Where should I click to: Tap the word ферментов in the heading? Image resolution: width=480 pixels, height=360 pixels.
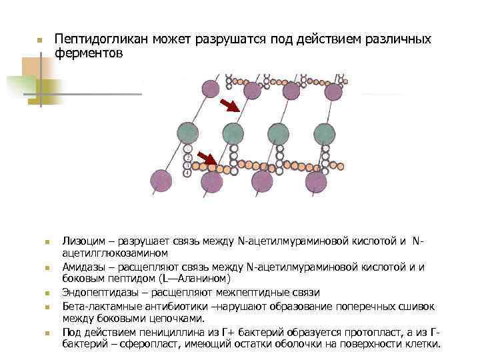89,54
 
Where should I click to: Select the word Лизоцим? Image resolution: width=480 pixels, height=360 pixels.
82,241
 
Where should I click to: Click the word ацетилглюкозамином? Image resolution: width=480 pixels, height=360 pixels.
115,253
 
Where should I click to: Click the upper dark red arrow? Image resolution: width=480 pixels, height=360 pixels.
230,105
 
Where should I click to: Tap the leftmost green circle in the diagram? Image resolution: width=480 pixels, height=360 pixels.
187,132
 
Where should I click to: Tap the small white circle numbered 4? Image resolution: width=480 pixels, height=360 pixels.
188,173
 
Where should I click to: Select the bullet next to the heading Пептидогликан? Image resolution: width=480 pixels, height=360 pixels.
39,41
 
